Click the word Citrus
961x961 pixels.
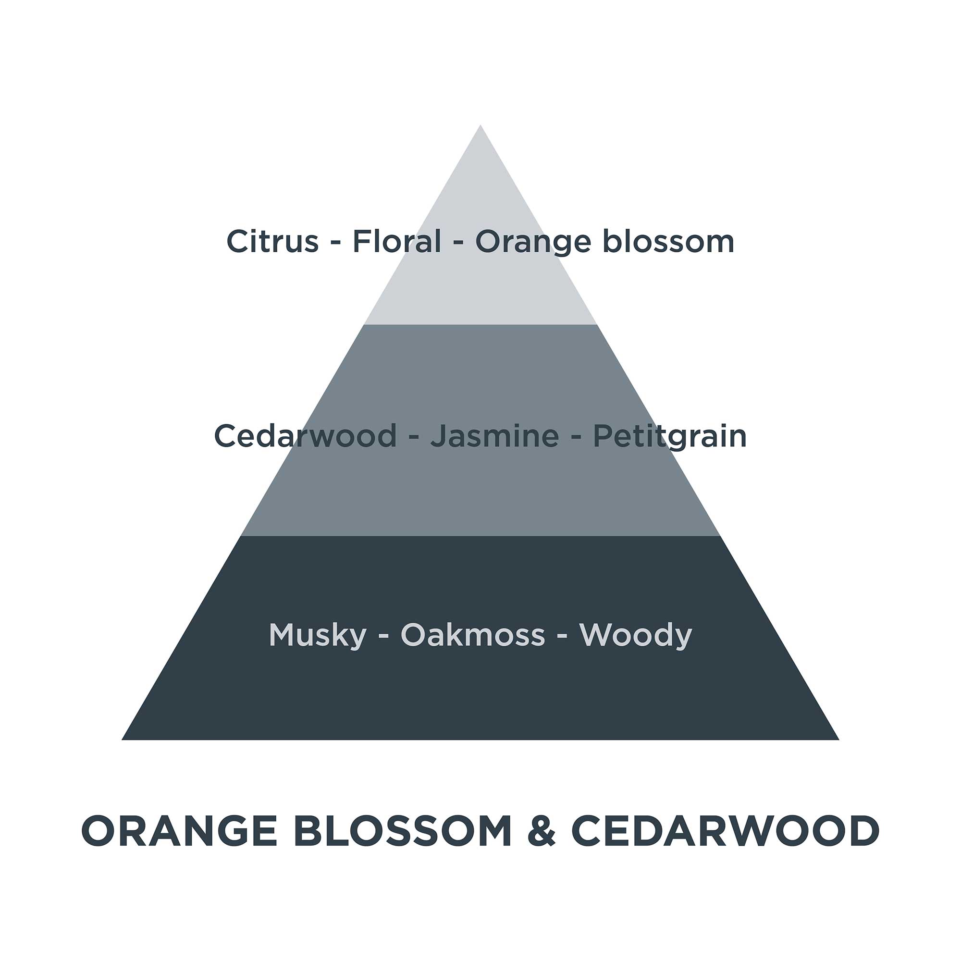272,242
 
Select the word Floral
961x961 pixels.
396,242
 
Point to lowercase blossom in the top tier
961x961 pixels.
668,242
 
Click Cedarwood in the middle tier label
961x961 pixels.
305,436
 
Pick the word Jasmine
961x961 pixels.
494,436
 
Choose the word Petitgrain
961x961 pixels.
669,437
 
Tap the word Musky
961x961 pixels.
317,636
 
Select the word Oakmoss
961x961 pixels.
472,635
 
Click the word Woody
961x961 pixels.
635,636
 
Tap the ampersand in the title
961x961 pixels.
541,832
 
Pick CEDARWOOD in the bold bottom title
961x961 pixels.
725,832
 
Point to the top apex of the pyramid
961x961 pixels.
480,126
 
